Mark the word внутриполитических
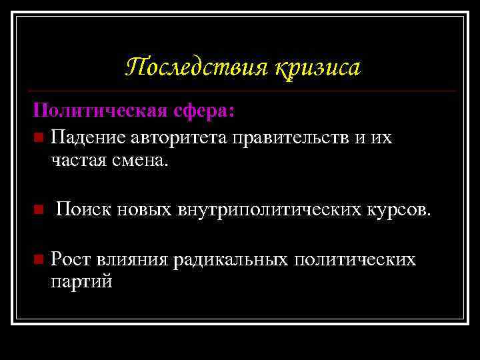click(270, 211)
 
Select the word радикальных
click(230, 259)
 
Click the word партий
click(81, 282)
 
